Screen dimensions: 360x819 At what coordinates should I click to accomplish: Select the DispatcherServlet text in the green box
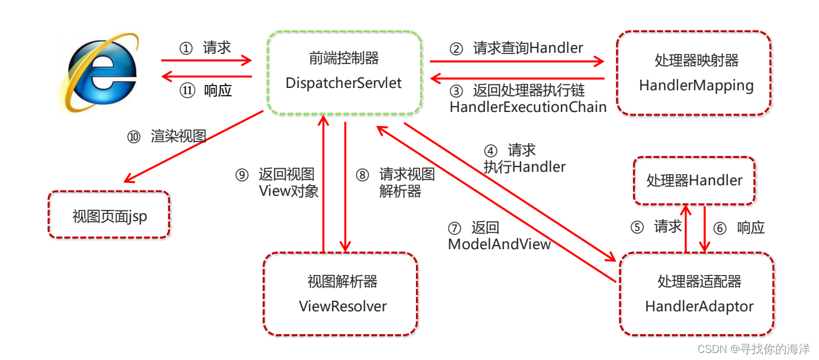(344, 83)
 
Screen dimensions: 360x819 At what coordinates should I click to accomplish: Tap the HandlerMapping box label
(696, 86)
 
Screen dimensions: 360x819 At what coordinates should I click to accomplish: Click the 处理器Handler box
(694, 181)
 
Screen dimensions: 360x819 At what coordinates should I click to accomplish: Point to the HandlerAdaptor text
(699, 306)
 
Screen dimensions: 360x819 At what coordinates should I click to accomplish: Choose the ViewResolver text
(343, 306)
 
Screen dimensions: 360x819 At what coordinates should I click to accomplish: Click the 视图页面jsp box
(110, 216)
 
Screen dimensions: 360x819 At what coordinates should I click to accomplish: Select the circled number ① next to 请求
(185, 49)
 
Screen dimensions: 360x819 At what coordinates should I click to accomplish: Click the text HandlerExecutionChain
(528, 107)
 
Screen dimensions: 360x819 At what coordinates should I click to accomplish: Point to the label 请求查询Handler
(528, 48)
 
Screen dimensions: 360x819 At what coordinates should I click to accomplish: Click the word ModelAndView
(499, 244)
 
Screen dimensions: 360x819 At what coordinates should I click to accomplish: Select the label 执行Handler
(524, 167)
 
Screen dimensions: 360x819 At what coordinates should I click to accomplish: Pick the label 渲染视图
(178, 137)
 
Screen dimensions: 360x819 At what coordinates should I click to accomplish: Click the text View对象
(289, 191)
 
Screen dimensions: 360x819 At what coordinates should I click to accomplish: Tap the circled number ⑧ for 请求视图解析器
(363, 175)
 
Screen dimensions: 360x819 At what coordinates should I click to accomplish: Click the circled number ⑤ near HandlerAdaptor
(637, 227)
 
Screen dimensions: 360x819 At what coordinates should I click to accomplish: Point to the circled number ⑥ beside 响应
(720, 228)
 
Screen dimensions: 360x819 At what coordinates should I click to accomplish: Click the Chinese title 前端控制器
(344, 58)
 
